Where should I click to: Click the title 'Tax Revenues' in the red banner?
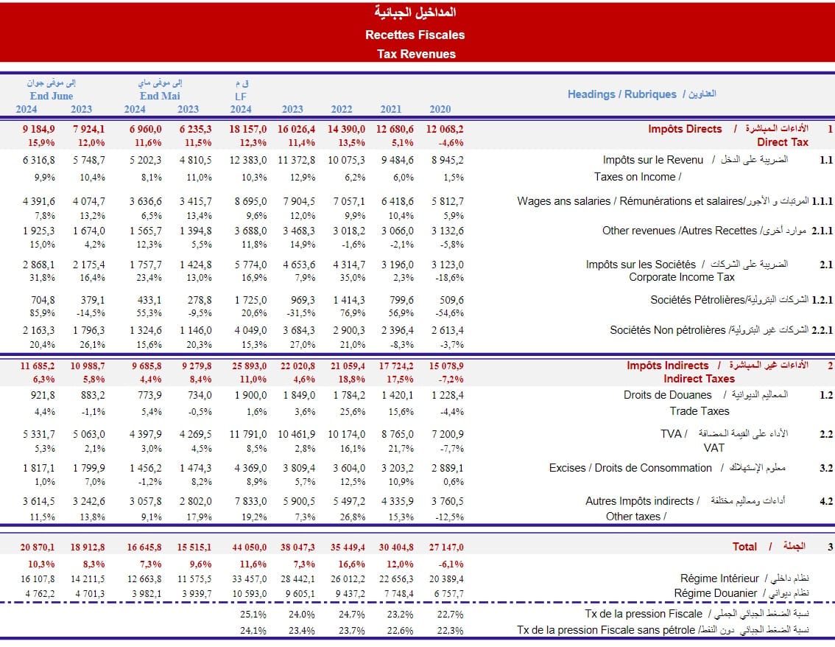pyautogui.click(x=416, y=54)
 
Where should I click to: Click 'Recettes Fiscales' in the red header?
pyautogui.click(x=415, y=35)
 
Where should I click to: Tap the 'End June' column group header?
pyautogui.click(x=52, y=96)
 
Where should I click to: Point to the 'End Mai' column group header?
pyautogui.click(x=160, y=96)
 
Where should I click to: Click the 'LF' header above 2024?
pyautogui.click(x=241, y=96)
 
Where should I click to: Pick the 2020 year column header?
pyautogui.click(x=440, y=109)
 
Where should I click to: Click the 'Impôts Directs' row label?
pyautogui.click(x=685, y=129)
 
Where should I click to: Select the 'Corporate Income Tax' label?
pyautogui.click(x=682, y=277)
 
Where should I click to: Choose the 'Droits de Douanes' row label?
pyautogui.click(x=668, y=395)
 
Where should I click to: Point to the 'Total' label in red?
pyautogui.click(x=744, y=547)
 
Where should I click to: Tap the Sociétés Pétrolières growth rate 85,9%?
pyautogui.click(x=43, y=312)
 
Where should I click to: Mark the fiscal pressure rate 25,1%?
pyautogui.click(x=253, y=614)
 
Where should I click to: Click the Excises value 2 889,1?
pyautogui.click(x=448, y=468)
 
